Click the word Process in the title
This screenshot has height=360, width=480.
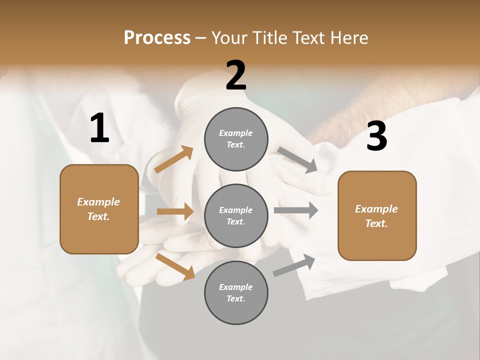pyautogui.click(x=157, y=38)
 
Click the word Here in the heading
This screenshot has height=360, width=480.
pyautogui.click(x=348, y=38)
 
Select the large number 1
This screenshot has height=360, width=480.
pyautogui.click(x=99, y=128)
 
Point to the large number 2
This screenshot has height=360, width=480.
pyautogui.click(x=236, y=75)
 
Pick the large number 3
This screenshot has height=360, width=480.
pyautogui.click(x=376, y=136)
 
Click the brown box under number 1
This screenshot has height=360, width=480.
pyautogui.click(x=99, y=209)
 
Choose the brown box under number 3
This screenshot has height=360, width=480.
pyautogui.click(x=377, y=216)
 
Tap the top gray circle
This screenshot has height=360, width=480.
pyautogui.click(x=236, y=139)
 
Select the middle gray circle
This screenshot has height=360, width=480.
pyautogui.click(x=236, y=215)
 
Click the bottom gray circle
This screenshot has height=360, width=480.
pyautogui.click(x=236, y=292)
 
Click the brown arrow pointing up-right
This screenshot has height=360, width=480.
pyautogui.click(x=174, y=159)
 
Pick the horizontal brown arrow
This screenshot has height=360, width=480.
pyautogui.click(x=175, y=211)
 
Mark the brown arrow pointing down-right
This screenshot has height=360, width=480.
pyautogui.click(x=175, y=266)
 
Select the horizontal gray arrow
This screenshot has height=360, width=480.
pyautogui.click(x=296, y=210)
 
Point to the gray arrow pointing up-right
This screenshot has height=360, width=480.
pyautogui.click(x=294, y=265)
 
